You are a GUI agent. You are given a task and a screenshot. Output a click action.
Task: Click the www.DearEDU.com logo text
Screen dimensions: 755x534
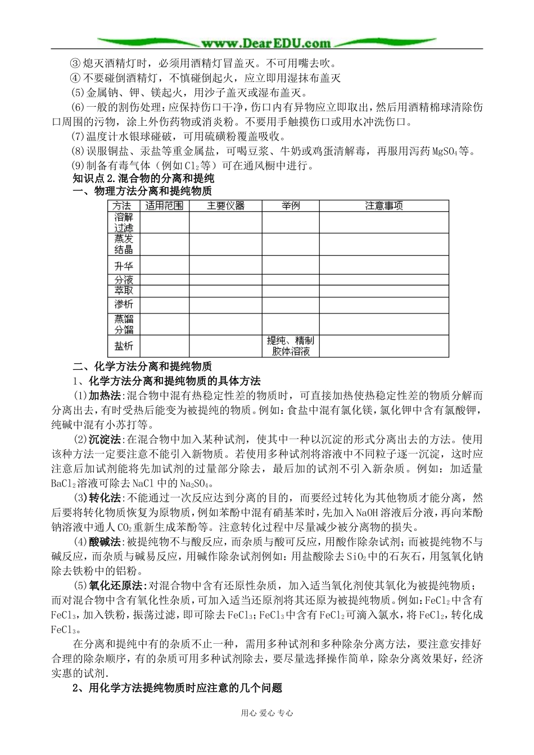pyautogui.click(x=266, y=43)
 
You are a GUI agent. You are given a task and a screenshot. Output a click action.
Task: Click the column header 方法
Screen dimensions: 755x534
pyautogui.click(x=123, y=206)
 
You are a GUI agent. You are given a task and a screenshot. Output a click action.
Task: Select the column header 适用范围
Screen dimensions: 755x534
pyautogui.click(x=164, y=206)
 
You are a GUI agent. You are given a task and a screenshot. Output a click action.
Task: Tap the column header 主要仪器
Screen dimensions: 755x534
pyautogui.click(x=225, y=206)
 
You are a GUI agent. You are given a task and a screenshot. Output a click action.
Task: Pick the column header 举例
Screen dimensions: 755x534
pyautogui.click(x=291, y=206)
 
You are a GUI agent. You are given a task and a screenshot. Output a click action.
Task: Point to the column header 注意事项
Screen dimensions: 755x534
pyautogui.click(x=384, y=206)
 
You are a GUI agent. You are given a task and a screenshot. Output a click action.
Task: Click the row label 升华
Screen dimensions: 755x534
pyautogui.click(x=123, y=265)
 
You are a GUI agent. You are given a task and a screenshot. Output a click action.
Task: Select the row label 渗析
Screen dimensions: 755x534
pyautogui.click(x=123, y=304)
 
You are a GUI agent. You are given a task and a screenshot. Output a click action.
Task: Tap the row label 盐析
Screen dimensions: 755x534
pyautogui.click(x=123, y=345)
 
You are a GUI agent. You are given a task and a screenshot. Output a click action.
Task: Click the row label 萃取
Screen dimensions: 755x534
pyautogui.click(x=123, y=290)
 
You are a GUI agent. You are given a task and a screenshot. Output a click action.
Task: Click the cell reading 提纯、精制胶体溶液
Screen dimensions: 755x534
pyautogui.click(x=291, y=346)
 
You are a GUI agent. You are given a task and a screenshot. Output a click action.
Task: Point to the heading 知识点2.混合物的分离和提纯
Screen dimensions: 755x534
pyautogui.click(x=143, y=179)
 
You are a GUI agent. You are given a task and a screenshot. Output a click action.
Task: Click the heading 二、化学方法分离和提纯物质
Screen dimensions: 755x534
pyautogui.click(x=142, y=366)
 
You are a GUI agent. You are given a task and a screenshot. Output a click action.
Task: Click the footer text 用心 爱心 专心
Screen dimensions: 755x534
pyautogui.click(x=266, y=713)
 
